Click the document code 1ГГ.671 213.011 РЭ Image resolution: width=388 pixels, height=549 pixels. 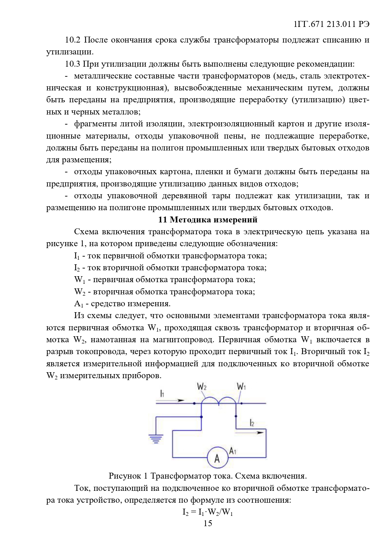pyautogui.click(x=331, y=24)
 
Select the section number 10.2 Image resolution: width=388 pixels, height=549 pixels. pyautogui.click(x=73, y=40)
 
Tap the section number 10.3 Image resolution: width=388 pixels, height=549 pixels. pyautogui.click(x=73, y=64)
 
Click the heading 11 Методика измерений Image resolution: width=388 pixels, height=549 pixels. pyautogui.click(x=208, y=220)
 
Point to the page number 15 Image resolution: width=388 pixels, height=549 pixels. pyautogui.click(x=208, y=523)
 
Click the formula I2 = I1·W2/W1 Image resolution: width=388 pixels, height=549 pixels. pyautogui.click(x=208, y=512)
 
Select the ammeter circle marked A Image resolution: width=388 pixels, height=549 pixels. pyautogui.click(x=217, y=458)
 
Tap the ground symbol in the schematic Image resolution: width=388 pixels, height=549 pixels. pyautogui.click(x=156, y=439)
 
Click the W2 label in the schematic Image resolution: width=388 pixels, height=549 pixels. pyautogui.click(x=202, y=387)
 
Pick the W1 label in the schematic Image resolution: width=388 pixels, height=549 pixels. pyautogui.click(x=241, y=387)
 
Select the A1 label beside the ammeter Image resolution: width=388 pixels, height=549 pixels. pyautogui.click(x=233, y=451)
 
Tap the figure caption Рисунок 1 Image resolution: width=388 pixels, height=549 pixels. pyautogui.click(x=208, y=476)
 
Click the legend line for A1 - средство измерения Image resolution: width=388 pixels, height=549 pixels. pyautogui.click(x=122, y=304)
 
